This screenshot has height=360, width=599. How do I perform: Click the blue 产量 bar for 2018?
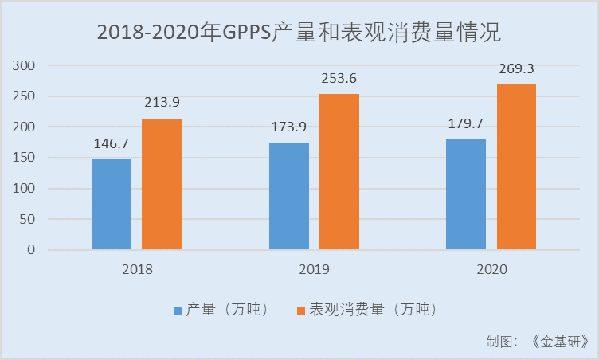click(112, 205)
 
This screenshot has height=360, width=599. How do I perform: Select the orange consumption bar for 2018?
click(162, 184)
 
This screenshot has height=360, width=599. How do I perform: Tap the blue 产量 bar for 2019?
click(289, 196)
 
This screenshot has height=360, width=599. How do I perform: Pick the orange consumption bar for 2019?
click(339, 172)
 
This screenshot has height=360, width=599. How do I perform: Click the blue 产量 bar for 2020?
click(466, 194)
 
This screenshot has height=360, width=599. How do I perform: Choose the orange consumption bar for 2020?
click(516, 167)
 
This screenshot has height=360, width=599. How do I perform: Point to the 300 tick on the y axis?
click(25, 66)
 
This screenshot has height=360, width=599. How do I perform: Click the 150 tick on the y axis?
click(25, 158)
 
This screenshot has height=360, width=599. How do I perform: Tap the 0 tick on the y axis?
click(32, 250)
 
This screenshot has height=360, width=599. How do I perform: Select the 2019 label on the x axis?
click(315, 269)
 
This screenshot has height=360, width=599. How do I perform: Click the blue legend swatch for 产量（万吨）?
click(178, 308)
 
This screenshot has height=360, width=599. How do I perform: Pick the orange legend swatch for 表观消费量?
click(302, 308)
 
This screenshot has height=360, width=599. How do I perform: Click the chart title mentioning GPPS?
click(299, 33)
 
